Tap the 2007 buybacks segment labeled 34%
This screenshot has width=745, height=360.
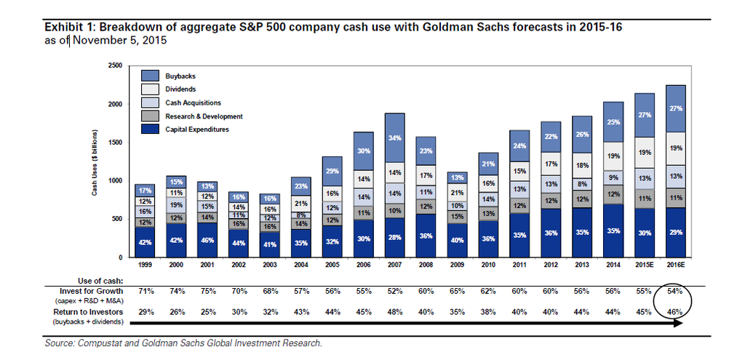pyautogui.click(x=394, y=138)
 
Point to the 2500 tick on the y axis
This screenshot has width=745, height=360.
pyautogui.click(x=114, y=65)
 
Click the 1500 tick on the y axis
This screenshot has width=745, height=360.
pyautogui.click(x=114, y=143)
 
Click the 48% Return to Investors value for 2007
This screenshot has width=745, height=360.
pyautogui.click(x=394, y=312)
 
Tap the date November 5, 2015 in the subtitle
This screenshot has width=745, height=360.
pyautogui.click(x=119, y=41)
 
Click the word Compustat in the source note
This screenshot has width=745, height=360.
pyautogui.click(x=103, y=343)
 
